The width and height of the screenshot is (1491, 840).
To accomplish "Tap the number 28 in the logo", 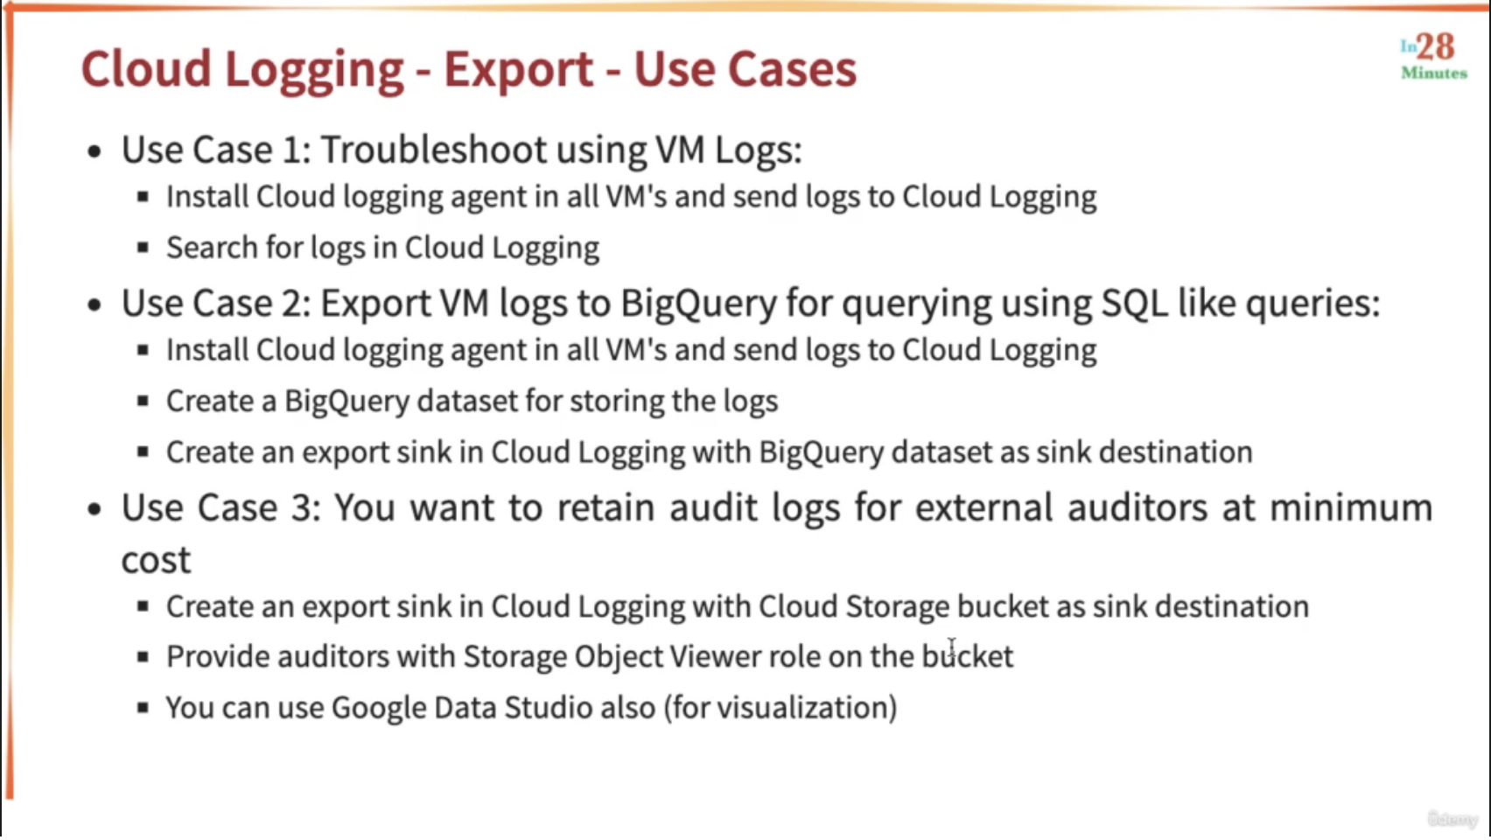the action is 1435,46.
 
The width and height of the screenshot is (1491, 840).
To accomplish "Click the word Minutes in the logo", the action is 1434,73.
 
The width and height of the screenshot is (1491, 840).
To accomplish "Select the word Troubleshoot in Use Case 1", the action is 433,149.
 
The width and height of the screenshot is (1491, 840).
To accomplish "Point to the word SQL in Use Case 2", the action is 1134,304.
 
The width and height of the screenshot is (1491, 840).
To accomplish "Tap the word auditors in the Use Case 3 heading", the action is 1137,507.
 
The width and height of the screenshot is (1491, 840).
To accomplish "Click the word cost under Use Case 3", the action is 156,559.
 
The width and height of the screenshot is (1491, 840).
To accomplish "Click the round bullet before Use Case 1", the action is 94,151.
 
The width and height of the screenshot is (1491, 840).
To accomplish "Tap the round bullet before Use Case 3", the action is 94,509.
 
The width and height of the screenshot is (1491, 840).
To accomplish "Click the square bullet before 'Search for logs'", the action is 143,248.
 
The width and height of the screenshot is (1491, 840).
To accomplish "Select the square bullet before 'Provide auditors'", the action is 143,657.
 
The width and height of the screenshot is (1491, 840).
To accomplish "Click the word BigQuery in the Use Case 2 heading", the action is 699,304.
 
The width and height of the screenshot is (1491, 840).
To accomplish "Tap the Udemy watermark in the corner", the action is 1452,819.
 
